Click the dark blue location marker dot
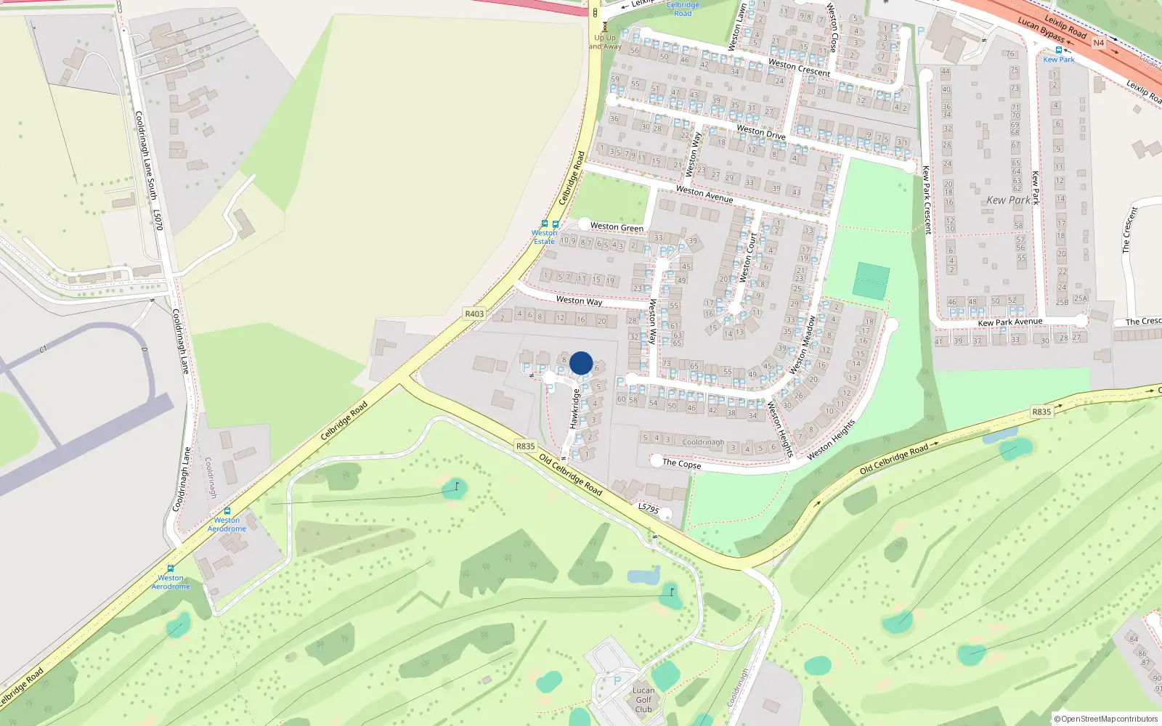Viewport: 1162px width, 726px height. [x=581, y=363]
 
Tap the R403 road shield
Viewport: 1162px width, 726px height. [x=474, y=314]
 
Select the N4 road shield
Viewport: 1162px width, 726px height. [x=1098, y=43]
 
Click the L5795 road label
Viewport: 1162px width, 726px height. [x=649, y=508]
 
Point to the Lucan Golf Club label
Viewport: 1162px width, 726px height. [x=643, y=700]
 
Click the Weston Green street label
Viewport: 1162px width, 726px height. [x=617, y=227]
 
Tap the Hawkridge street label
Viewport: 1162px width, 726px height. [x=574, y=408]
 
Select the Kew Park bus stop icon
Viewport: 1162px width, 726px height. [x=1058, y=50]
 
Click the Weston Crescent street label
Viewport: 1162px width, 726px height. [x=799, y=68]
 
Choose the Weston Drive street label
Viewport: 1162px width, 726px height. [x=761, y=131]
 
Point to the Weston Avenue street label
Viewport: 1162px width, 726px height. [x=704, y=194]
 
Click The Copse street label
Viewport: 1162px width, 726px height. [x=681, y=463]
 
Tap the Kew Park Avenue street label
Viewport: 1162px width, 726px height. [x=1009, y=322]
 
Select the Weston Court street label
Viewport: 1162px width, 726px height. [x=748, y=257]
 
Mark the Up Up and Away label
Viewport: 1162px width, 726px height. [x=605, y=41]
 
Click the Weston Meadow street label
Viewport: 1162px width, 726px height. [x=803, y=344]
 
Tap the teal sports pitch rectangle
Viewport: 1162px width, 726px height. [x=871, y=281]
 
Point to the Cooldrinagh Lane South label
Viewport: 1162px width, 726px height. [x=145, y=155]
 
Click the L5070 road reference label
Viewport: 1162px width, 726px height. [x=158, y=220]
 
